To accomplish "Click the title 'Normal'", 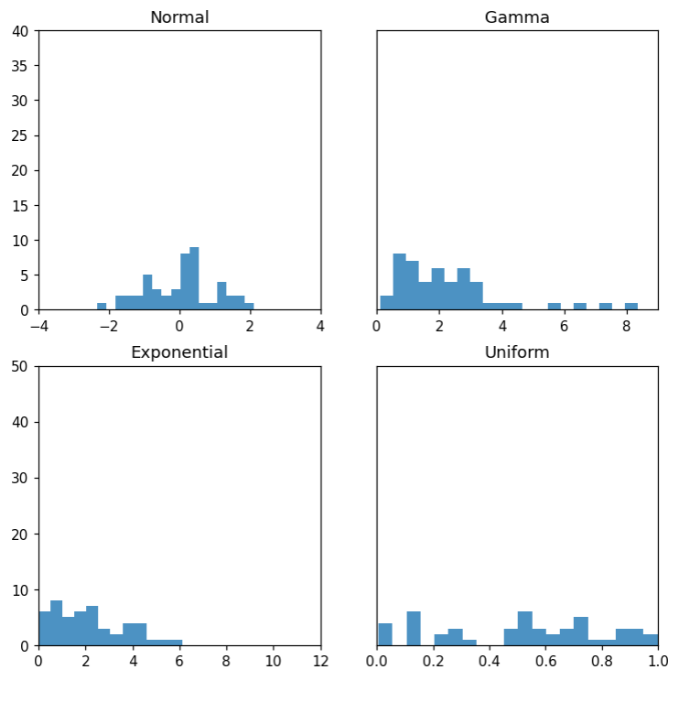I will coord(179,17).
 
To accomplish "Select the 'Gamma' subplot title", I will coord(517,17).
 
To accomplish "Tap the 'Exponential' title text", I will coord(179,352).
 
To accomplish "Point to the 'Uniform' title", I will coord(517,352).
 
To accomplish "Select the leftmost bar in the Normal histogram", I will coord(102,307).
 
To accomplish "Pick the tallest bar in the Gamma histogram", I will coord(399,283).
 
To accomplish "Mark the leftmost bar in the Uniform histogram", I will coord(385,634).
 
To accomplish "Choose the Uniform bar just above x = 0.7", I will coord(581,632).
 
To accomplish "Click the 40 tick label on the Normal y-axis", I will coord(21,31).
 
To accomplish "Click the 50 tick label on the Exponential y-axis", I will coord(21,366).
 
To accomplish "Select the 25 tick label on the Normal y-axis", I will coord(21,135).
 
